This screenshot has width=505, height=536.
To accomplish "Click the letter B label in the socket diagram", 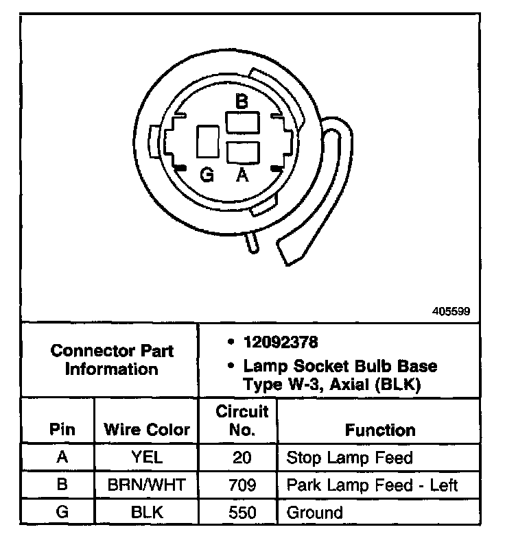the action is pos(241,101).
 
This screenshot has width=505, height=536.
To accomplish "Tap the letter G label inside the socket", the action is pos(207,176).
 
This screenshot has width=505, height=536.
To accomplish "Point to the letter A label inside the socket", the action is pos(242,176).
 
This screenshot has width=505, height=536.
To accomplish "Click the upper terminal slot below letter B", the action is pos(242,124).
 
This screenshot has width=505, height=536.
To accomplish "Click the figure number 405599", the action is pos(451,310).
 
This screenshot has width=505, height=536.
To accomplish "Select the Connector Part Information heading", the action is pos(112,360).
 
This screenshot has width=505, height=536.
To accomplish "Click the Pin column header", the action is pos(62,430).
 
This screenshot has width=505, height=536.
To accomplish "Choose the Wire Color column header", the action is pos(146,430).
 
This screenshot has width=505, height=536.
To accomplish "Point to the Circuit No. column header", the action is pos(238,421).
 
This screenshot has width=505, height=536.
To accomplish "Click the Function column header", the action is pos(380,430).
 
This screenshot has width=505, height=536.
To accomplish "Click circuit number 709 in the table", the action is pos(238,486).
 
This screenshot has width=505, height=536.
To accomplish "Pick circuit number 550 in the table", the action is pos(238,512).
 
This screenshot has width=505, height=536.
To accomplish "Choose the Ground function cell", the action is pos(314,512).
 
